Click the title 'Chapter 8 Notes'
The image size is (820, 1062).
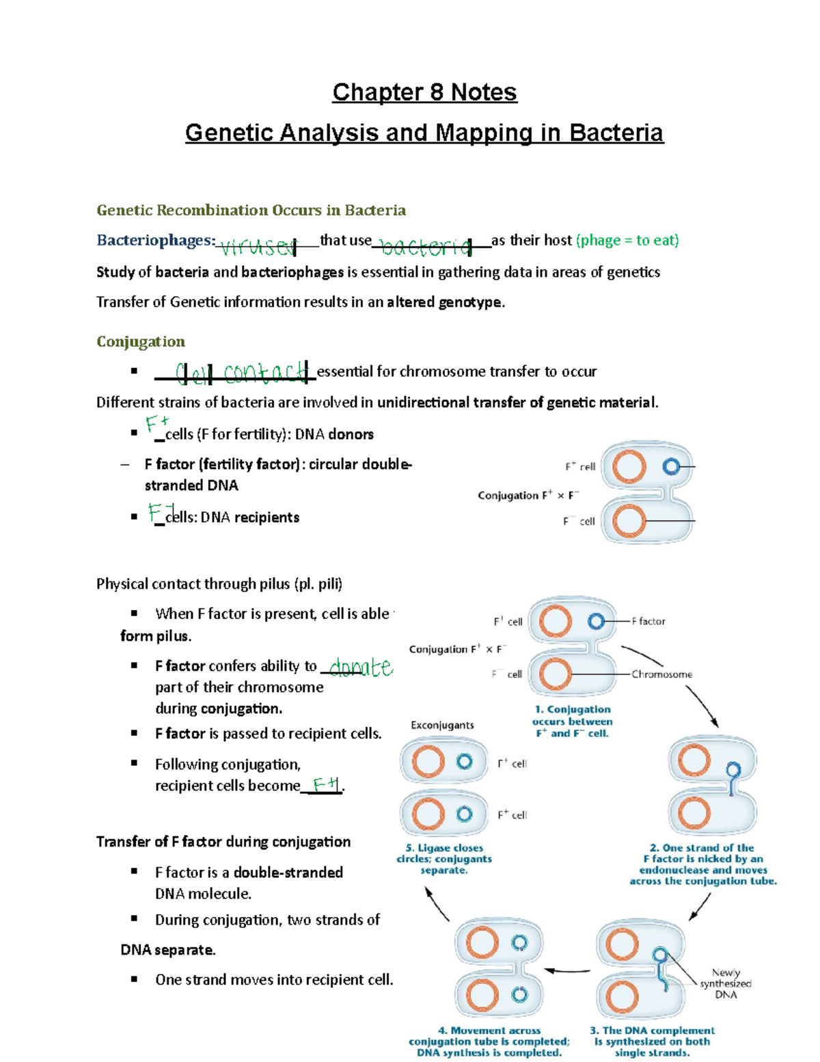[424, 92]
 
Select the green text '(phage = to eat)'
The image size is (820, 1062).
[627, 240]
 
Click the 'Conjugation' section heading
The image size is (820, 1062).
[141, 341]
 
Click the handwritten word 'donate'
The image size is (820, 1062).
[361, 667]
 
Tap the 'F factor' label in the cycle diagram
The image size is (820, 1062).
[648, 621]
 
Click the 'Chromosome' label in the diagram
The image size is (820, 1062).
[661, 674]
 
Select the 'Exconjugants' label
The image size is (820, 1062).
[442, 725]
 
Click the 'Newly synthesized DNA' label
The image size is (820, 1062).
[726, 983]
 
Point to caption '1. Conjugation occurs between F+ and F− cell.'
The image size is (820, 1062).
[572, 721]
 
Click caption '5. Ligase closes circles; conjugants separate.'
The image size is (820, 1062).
[444, 859]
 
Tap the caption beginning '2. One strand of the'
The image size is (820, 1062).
[703, 864]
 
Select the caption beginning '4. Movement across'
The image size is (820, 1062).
[489, 1041]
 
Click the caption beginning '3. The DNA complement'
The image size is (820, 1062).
[652, 1041]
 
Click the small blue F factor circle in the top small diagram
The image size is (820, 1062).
[671, 466]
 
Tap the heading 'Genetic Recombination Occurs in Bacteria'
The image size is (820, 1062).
[251, 210]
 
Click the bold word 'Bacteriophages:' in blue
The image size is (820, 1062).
[156, 240]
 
